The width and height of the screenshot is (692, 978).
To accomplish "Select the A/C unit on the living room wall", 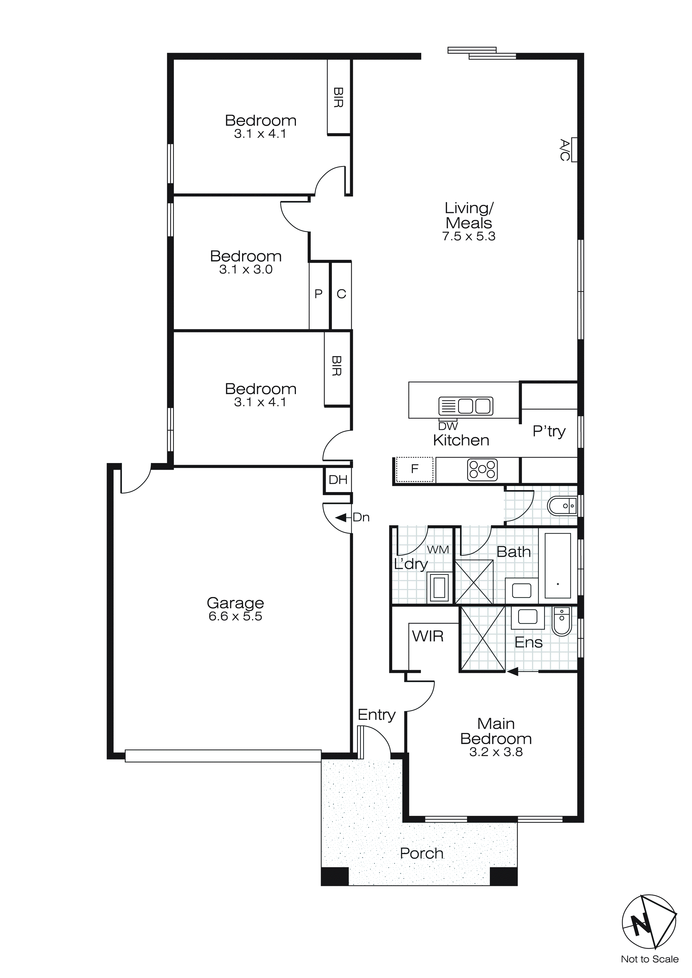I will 574,150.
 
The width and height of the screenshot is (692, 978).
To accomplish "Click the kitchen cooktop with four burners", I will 482,470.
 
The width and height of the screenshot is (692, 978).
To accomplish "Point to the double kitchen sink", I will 466,406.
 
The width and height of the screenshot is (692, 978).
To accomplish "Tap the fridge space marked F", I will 415,469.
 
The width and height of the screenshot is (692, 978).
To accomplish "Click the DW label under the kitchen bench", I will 448,426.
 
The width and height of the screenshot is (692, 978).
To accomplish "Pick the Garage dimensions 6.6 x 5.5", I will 235,616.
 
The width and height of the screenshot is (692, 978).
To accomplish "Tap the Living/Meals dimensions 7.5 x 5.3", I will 469,236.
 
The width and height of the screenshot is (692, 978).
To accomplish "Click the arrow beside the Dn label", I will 341,517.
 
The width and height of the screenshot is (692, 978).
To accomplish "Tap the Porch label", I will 422,854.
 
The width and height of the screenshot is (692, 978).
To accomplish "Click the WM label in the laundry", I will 438,550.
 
